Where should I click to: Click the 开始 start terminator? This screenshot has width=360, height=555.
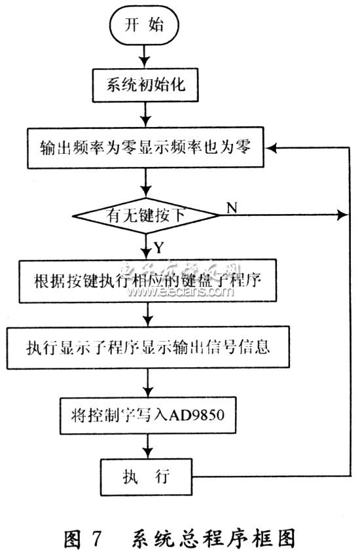point(144,25)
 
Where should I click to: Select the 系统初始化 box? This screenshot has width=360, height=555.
point(145,85)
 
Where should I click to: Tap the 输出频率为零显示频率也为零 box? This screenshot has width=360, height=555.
point(145,147)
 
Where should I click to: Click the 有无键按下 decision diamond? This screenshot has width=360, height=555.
point(145,215)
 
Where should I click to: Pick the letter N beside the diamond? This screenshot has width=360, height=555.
point(232,207)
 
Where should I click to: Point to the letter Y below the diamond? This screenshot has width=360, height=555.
point(159,247)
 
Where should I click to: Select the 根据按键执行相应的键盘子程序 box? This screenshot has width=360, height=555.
point(148,281)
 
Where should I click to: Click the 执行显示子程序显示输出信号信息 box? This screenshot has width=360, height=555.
point(148,348)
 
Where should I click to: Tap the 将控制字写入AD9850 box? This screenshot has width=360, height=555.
point(148,416)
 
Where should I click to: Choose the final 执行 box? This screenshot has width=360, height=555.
point(147,476)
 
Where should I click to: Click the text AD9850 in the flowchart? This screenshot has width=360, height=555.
point(196,415)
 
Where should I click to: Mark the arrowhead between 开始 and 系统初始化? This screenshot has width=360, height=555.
point(144,62)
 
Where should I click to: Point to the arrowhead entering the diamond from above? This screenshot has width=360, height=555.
point(145,192)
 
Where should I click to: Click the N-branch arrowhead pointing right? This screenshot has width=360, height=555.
point(342,215)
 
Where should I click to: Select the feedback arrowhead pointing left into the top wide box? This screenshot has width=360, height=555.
point(271,148)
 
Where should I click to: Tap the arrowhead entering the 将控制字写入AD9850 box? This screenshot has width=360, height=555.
point(148,391)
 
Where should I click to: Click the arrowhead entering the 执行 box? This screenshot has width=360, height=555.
point(147,453)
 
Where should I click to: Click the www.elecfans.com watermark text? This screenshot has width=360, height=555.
point(181,291)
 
